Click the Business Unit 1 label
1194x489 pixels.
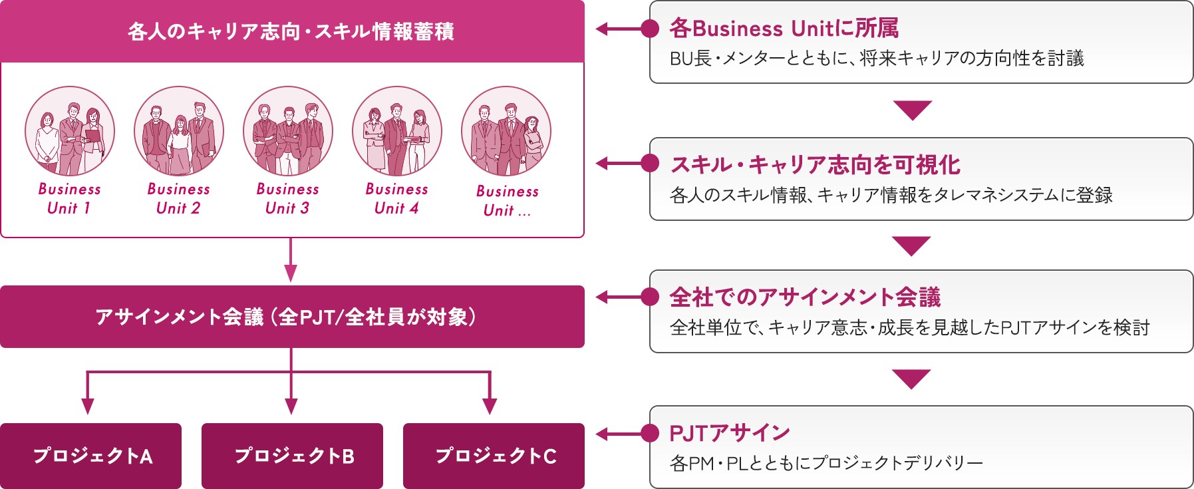click(69, 198)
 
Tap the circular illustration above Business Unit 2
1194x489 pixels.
click(179, 131)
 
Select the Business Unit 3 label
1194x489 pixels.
click(287, 198)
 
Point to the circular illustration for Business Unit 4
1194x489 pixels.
click(397, 131)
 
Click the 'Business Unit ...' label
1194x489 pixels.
click(507, 200)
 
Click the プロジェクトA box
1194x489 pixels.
click(91, 456)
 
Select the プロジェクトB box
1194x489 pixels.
click(293, 456)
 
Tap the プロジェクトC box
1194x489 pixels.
click(494, 456)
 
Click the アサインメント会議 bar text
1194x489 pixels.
click(286, 317)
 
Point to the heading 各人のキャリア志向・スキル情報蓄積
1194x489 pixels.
click(291, 31)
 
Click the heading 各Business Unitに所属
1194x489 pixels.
click(784, 29)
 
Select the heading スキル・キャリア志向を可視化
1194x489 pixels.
click(815, 164)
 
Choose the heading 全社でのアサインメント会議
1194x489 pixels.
click(805, 297)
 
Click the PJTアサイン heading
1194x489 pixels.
click(729, 433)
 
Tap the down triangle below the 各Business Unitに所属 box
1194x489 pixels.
click(912, 110)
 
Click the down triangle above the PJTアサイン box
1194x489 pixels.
click(912, 379)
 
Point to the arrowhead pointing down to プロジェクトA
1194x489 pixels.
click(87, 407)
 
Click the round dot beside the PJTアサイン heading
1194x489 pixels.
click(649, 433)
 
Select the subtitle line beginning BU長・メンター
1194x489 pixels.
click(877, 59)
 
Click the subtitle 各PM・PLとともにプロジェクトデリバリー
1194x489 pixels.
click(826, 462)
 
